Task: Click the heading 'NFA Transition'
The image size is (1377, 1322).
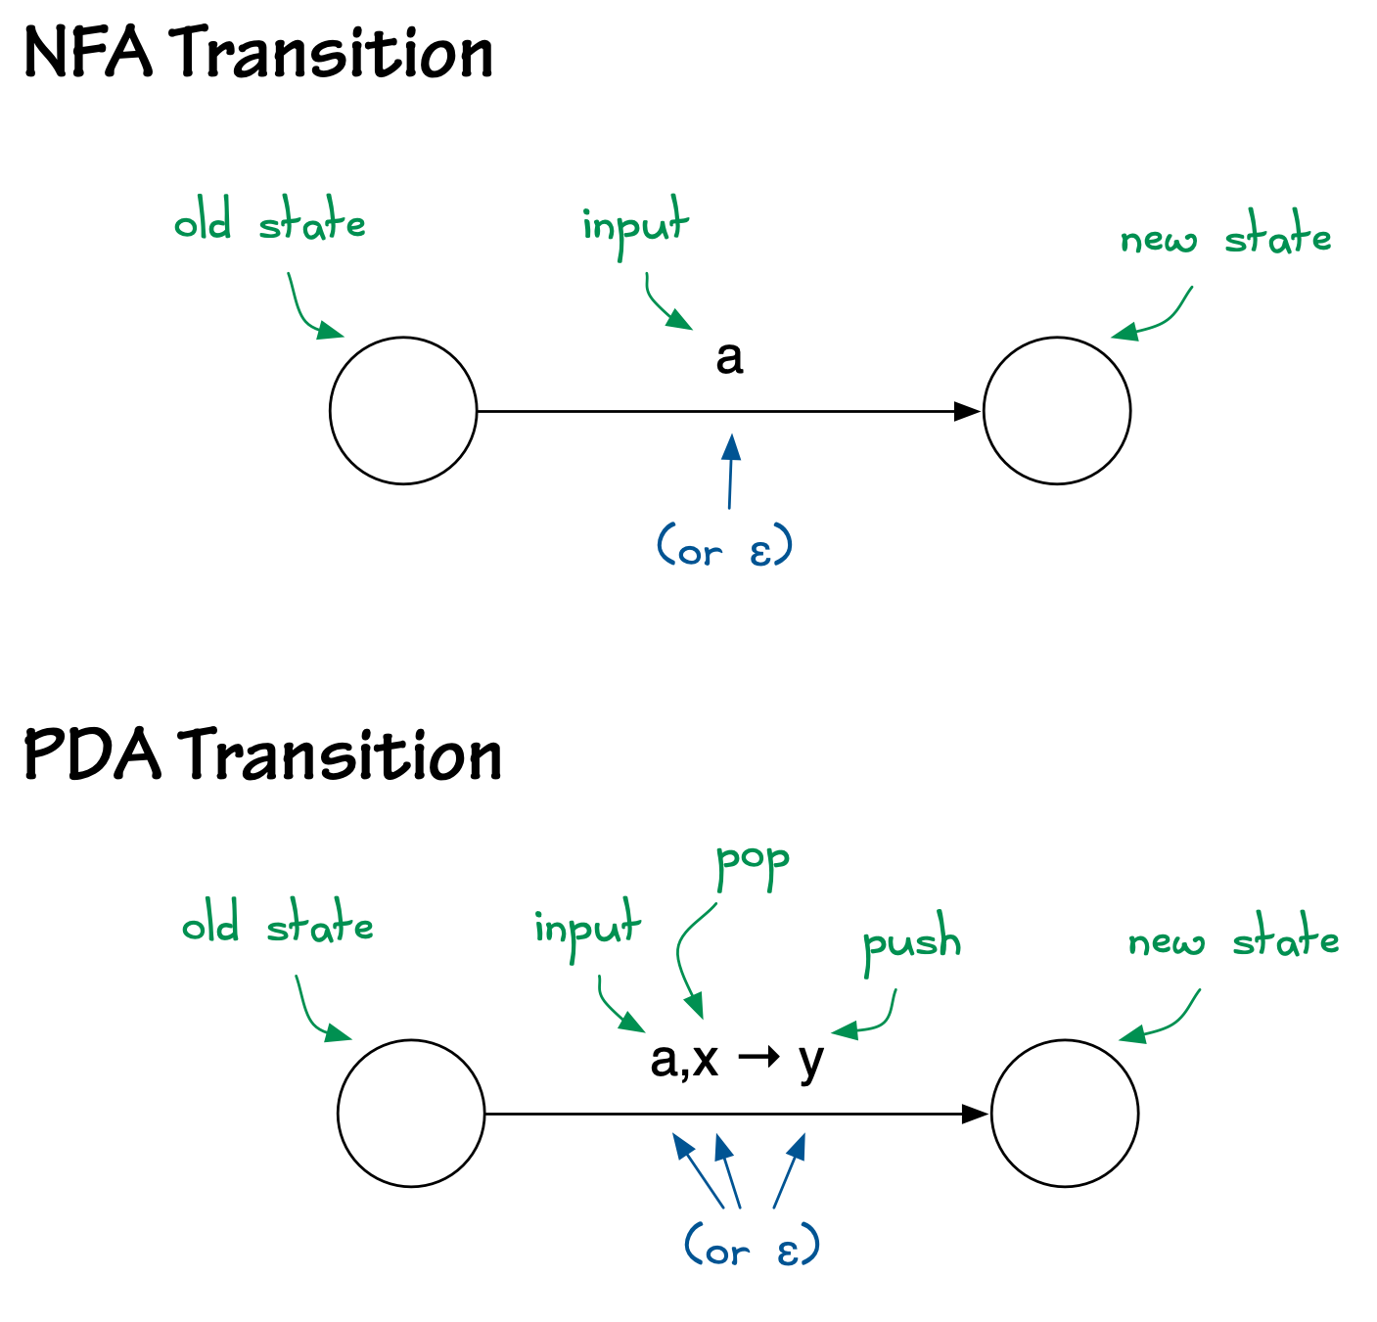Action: point(258,54)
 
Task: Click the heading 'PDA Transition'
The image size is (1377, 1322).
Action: point(262,755)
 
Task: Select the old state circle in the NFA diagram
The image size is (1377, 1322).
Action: point(403,411)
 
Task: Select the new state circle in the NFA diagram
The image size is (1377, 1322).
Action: point(1057,411)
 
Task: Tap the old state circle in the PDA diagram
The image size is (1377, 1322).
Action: point(411,1114)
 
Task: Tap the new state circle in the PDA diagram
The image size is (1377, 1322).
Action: point(1065,1114)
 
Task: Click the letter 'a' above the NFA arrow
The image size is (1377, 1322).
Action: point(729,358)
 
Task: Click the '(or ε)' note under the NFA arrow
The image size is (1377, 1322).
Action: point(724,548)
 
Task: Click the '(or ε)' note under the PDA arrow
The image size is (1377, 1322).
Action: point(752,1249)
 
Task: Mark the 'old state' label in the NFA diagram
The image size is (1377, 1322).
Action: point(270,223)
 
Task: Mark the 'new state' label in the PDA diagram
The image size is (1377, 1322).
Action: point(1233,941)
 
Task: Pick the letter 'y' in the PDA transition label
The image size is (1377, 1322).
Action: point(810,1061)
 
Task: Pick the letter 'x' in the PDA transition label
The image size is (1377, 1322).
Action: point(705,1059)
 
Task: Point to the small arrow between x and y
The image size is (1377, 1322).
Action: point(758,1058)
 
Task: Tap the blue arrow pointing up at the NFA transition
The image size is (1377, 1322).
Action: point(730,470)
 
